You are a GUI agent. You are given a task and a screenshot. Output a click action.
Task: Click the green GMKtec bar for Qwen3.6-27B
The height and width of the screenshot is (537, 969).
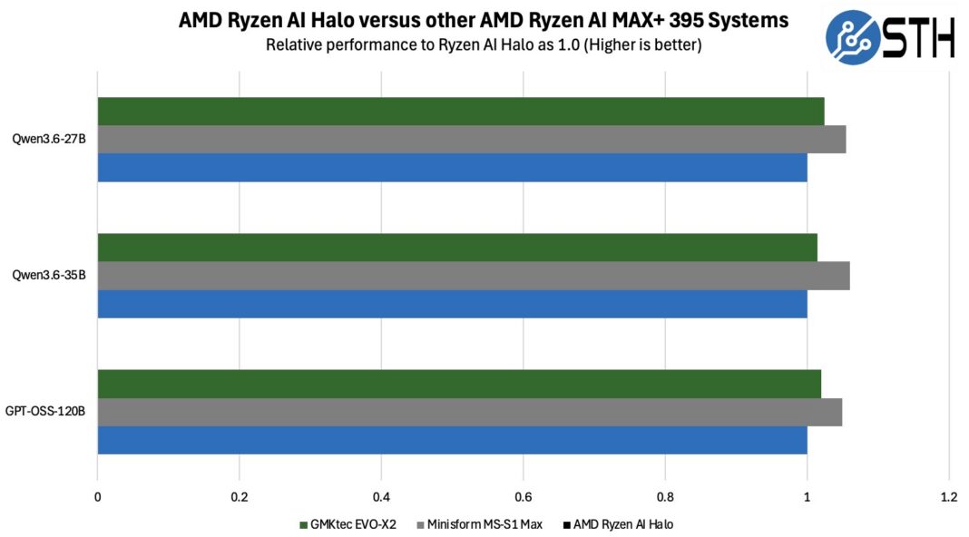(461, 112)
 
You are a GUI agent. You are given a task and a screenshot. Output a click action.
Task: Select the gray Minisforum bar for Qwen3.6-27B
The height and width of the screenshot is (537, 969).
(472, 140)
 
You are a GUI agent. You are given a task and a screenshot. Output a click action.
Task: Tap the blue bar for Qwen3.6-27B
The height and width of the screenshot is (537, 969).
(453, 168)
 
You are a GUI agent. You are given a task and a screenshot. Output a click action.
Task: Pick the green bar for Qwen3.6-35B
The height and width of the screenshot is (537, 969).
(457, 247)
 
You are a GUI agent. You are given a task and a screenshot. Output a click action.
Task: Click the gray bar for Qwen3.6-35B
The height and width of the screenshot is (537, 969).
(474, 276)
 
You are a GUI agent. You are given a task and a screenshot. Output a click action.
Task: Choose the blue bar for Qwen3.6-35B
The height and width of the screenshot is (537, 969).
(453, 304)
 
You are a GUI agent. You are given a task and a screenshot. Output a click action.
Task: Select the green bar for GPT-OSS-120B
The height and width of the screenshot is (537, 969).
(459, 384)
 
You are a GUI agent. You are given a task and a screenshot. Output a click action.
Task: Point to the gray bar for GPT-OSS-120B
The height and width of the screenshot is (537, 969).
(470, 412)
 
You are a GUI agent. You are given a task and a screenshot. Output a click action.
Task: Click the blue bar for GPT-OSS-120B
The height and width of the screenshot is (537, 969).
(453, 440)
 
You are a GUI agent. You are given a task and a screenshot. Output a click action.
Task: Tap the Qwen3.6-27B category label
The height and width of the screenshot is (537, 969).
(49, 139)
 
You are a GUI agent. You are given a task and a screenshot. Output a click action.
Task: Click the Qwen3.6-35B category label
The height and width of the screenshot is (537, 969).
(49, 275)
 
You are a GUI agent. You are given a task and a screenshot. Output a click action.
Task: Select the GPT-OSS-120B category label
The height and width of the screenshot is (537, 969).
(45, 411)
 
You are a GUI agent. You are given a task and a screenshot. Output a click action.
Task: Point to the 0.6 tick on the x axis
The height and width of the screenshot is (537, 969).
(523, 497)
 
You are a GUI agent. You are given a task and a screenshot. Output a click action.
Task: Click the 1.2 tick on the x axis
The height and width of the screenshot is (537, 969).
(949, 497)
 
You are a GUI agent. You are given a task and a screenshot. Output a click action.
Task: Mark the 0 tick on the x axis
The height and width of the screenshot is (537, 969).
(98, 497)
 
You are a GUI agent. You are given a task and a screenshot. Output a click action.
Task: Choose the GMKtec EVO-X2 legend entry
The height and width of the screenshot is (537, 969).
(347, 524)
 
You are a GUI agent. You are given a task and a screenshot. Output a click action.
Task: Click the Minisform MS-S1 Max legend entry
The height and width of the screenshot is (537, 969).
(480, 524)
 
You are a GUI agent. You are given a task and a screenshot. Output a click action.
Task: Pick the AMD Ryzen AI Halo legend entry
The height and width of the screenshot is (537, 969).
(618, 524)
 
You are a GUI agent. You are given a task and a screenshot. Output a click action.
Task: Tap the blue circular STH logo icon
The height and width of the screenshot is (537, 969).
(853, 37)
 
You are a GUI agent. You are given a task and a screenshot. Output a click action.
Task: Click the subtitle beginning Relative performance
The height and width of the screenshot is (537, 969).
(484, 45)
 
